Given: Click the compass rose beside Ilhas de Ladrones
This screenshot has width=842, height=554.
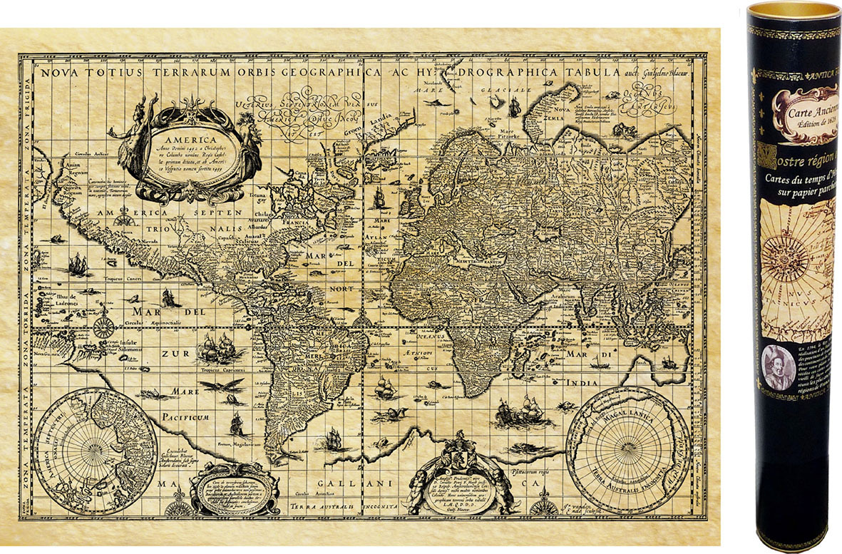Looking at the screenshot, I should click(x=104, y=327).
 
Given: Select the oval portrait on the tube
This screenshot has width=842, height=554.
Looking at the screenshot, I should click(x=777, y=366).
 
